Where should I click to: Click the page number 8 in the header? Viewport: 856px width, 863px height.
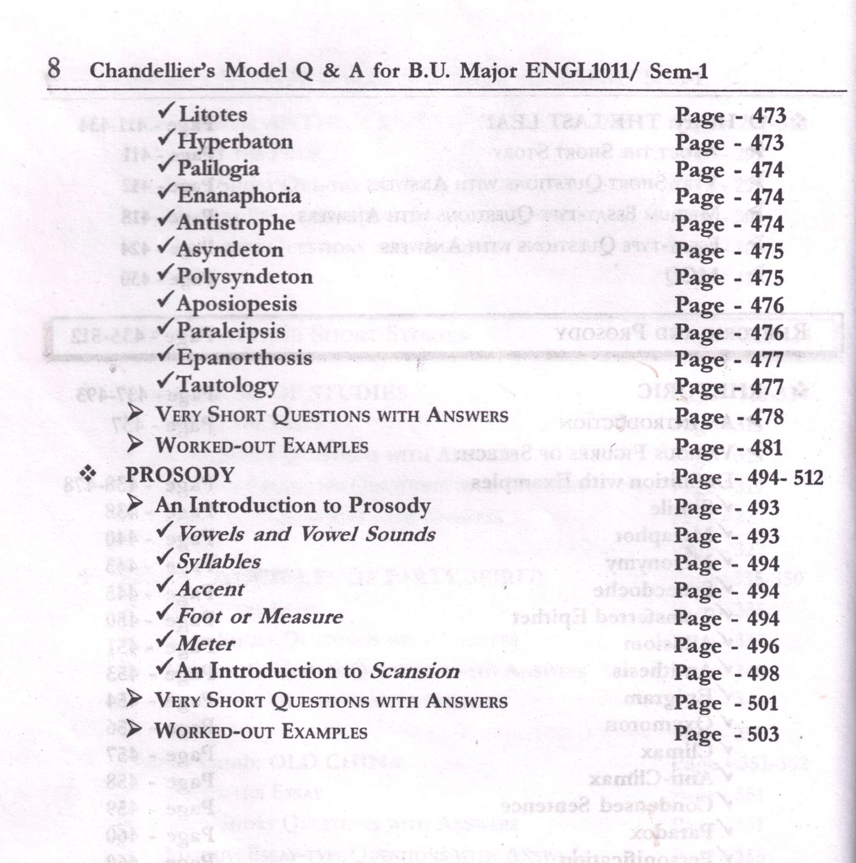[53, 69]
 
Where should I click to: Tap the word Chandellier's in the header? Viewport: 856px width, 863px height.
[152, 71]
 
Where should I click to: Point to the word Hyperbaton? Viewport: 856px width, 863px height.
[235, 142]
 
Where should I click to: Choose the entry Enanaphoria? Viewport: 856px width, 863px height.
[239, 196]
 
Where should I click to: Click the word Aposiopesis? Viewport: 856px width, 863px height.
[236, 304]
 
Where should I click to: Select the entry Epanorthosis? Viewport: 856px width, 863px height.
[244, 357]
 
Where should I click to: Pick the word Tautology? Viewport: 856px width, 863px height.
[227, 385]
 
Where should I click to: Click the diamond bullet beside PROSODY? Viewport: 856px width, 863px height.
[87, 473]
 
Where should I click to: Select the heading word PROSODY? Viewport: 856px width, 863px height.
[180, 475]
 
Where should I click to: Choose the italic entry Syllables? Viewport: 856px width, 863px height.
[219, 561]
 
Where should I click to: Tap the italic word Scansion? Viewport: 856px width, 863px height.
[415, 671]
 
